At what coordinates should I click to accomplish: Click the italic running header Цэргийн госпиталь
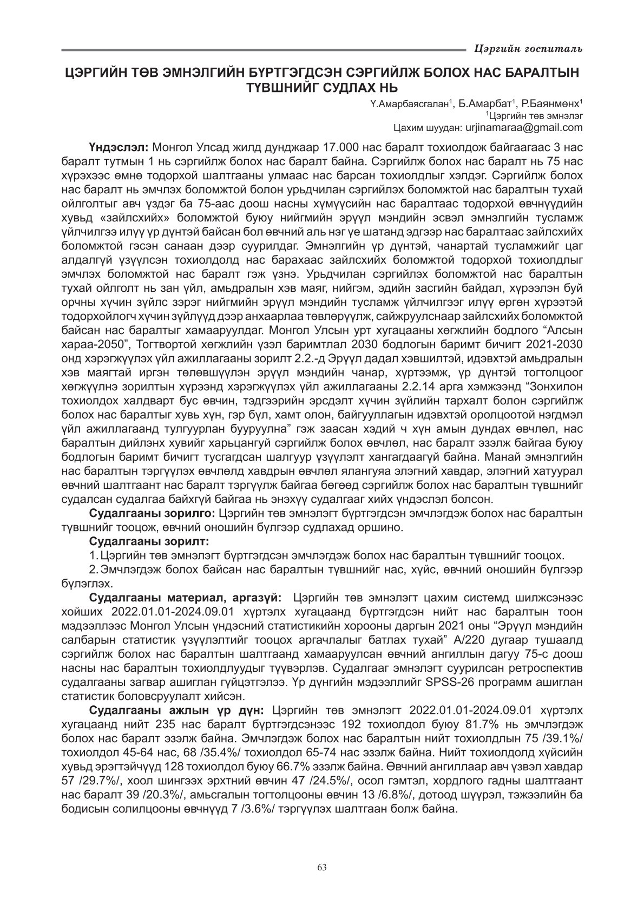(x=528, y=49)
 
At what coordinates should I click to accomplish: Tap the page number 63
(x=322, y=867)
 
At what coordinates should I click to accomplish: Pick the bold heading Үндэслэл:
(x=120, y=147)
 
